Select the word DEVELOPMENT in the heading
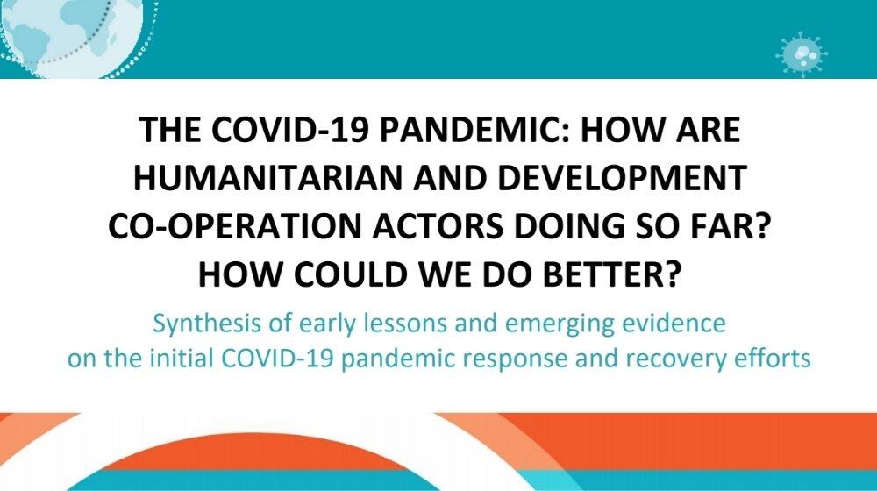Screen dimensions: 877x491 622,177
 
